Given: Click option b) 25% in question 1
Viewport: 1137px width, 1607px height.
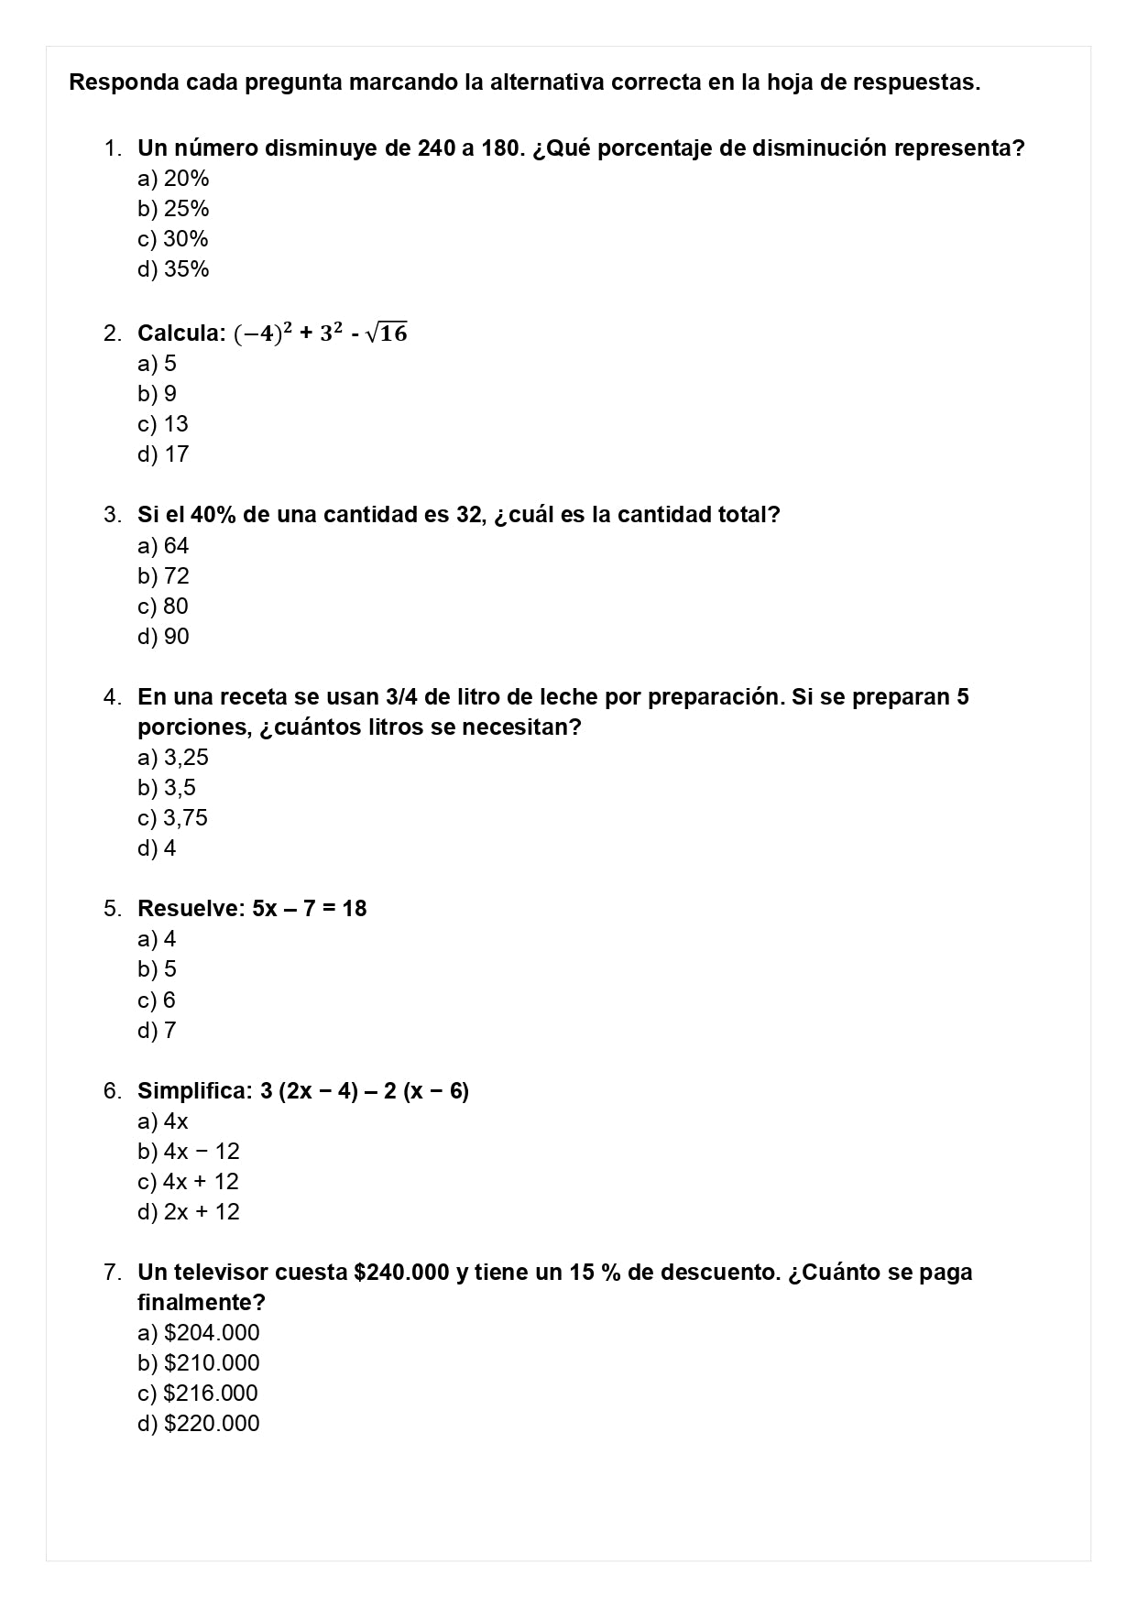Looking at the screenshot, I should coord(173,209).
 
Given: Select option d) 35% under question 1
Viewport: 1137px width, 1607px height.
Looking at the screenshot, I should coord(173,269).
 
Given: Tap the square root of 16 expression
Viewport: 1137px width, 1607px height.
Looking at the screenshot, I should coord(387,333).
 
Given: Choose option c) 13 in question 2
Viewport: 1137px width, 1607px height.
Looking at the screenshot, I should coord(163,424).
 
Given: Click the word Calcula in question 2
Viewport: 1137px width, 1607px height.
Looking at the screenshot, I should coord(180,333).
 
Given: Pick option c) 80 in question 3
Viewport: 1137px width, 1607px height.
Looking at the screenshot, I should coord(163,607).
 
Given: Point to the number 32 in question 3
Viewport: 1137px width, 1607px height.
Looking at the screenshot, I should coord(469,515).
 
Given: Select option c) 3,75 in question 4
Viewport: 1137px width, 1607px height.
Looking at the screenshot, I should coord(172,818).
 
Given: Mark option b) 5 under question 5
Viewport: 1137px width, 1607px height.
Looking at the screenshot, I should coord(157,969).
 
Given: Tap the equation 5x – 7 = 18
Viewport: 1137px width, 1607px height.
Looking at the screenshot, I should coord(310,909).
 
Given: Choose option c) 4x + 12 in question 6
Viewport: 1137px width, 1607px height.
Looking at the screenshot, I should coord(188,1182).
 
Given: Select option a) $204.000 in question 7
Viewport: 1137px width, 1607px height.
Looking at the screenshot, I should coord(198,1333).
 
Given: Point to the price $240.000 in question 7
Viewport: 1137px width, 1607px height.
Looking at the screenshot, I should coord(401,1273).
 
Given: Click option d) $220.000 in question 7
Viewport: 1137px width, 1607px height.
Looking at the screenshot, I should coord(198,1424).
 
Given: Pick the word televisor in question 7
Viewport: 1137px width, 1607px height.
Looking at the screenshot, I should coord(221,1273).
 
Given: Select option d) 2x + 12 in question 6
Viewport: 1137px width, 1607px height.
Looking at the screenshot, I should coord(188,1212).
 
